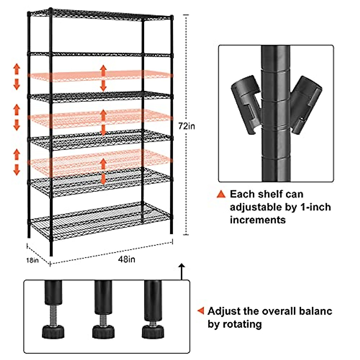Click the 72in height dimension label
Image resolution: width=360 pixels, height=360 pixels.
(187, 126)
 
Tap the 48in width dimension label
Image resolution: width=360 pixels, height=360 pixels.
(126, 259)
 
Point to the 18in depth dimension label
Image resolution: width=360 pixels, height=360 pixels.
(32, 260)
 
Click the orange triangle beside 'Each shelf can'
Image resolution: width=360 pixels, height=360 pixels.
(221, 194)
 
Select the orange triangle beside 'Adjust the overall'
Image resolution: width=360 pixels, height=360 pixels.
(201, 311)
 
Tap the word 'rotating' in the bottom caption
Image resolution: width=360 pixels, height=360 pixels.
(243, 324)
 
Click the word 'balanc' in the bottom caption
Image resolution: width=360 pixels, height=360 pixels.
(316, 311)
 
